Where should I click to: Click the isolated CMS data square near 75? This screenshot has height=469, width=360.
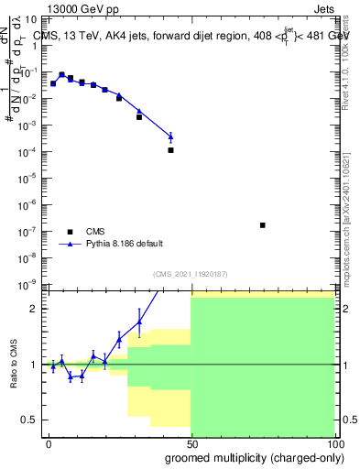point(263,224)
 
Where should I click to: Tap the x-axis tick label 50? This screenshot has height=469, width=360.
point(191,443)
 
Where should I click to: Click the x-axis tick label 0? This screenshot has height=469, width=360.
point(49,443)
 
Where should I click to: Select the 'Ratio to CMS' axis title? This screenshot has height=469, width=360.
point(13,365)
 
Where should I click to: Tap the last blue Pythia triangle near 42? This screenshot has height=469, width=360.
point(170,136)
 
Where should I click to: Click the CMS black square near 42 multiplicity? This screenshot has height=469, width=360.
point(170,149)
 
